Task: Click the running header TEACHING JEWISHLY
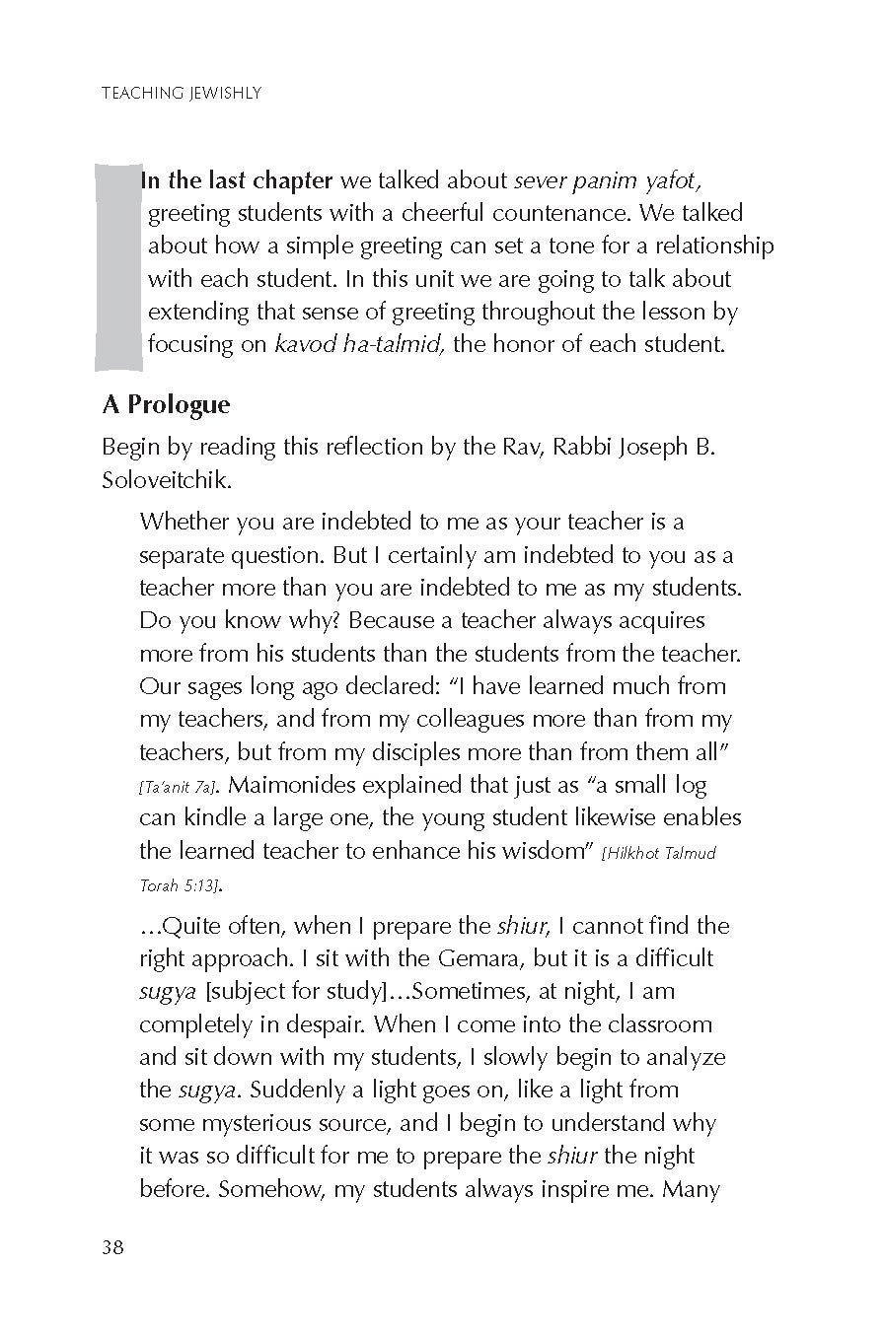(181, 94)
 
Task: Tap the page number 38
(112, 1247)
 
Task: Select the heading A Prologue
(166, 404)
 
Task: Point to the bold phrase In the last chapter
(237, 180)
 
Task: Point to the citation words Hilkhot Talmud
(659, 853)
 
